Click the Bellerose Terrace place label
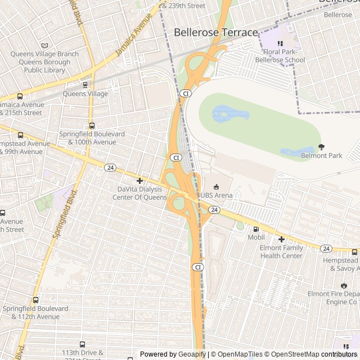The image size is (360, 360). pyautogui.click(x=215, y=33)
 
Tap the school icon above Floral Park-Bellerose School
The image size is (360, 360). pyautogui.click(x=280, y=44)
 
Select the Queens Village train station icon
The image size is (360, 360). pyautogui.click(x=85, y=85)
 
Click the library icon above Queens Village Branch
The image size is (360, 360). pyautogui.click(x=45, y=46)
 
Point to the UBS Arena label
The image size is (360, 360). pyautogui.click(x=217, y=195)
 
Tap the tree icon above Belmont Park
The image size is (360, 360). pyautogui.click(x=321, y=147)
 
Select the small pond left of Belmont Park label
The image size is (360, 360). pyautogui.click(x=291, y=152)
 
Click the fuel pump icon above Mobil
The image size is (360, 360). pyautogui.click(x=256, y=229)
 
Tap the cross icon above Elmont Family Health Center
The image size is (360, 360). pyautogui.click(x=281, y=239)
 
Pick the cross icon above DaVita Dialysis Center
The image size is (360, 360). pyautogui.click(x=139, y=181)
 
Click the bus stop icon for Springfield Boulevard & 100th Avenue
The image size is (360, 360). pyautogui.click(x=92, y=126)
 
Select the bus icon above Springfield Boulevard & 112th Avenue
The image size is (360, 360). pyautogui.click(x=35, y=300)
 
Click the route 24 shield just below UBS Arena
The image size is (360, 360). pyautogui.click(x=214, y=209)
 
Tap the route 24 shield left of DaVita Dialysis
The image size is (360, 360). pyautogui.click(x=110, y=168)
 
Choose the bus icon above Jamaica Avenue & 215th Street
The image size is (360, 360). pyautogui.click(x=20, y=96)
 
